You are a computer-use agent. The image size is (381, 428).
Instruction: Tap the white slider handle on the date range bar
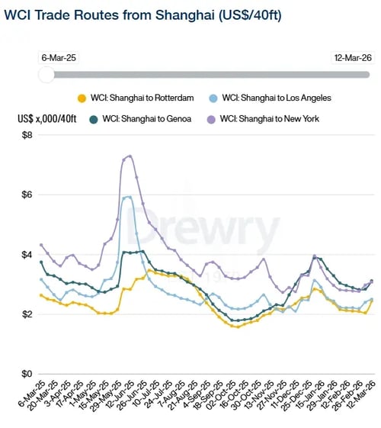46,74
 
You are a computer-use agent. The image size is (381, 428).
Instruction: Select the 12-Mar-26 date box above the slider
354,57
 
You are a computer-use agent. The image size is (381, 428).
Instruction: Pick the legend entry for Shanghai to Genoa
141,119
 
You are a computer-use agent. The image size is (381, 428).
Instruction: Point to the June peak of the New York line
130,156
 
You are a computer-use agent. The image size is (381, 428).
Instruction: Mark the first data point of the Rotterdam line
41,295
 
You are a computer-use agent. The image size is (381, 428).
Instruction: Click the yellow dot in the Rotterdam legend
82,97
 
